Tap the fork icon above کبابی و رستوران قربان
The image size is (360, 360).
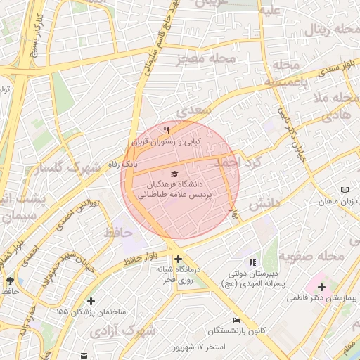coord(166,130)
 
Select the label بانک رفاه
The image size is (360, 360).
coord(120,163)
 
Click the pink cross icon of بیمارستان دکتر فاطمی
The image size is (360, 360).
coord(321,287)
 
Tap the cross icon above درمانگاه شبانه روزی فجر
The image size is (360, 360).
coord(179,259)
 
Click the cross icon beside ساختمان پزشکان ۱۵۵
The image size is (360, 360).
coord(90,302)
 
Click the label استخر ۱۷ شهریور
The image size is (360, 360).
coord(202,347)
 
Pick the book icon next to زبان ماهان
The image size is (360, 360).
coord(344,190)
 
